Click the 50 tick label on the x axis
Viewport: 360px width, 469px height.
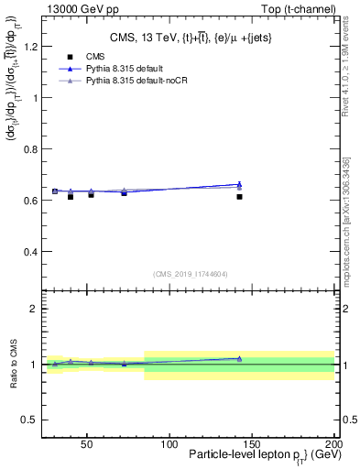pyautogui.click(x=87, y=444)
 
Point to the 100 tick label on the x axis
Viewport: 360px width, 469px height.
pyautogui.click(x=169, y=444)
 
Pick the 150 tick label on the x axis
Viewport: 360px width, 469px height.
pyautogui.click(x=252, y=444)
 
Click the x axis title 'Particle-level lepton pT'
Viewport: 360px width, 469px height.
pyautogui.click(x=266, y=456)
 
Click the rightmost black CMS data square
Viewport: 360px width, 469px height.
pyautogui.click(x=239, y=196)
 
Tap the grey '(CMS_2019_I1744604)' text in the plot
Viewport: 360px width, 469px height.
pyautogui.click(x=190, y=272)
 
